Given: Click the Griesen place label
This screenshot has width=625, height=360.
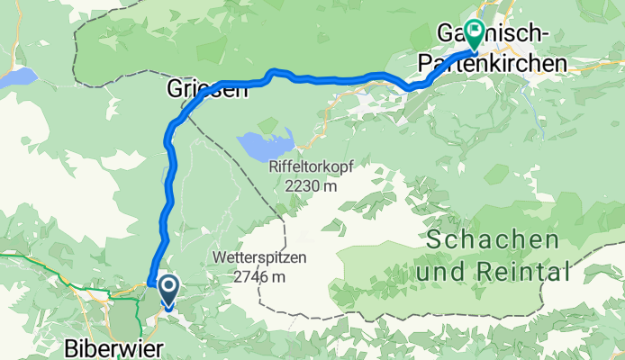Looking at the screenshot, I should (204, 89).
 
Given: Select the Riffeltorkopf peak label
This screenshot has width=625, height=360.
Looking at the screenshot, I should (308, 167).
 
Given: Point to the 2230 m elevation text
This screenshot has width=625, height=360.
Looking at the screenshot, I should (308, 186).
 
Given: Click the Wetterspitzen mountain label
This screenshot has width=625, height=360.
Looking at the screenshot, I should (259, 257).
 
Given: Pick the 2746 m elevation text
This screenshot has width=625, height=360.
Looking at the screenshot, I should (259, 276).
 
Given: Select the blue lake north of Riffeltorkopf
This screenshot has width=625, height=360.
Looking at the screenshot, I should (266, 141).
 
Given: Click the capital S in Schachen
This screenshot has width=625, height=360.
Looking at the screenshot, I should (434, 240).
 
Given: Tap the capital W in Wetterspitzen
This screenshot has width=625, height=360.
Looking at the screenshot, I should (221, 257).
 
